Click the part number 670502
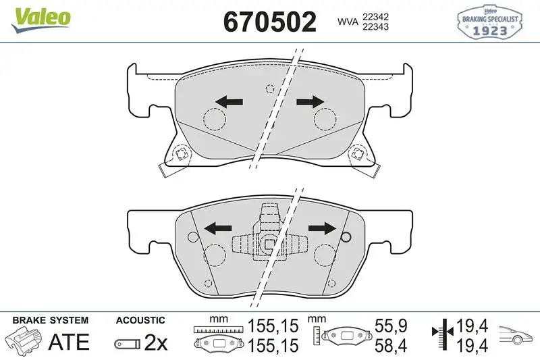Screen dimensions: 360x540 coord(269,22)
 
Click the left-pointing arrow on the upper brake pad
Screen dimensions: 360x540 coord(229,102)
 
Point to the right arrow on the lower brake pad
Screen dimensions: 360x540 coord(323,227)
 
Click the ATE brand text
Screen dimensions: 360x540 coord(70,342)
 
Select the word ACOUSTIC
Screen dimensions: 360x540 coord(140,320)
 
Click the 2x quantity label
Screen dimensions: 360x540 coord(156,342)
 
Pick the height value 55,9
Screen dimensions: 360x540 coord(391,327)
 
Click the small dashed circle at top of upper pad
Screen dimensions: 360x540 coord(270,88)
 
